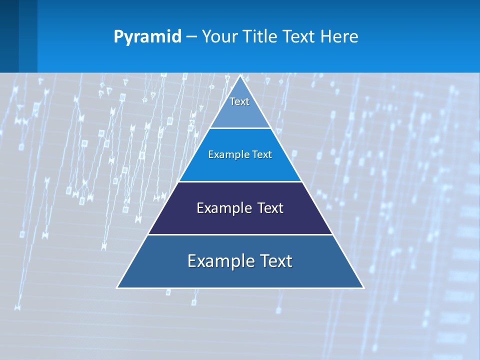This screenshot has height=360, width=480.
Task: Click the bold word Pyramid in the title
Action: [147, 37]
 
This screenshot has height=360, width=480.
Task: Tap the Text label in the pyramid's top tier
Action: [239, 101]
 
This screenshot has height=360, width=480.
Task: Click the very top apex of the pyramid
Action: [240, 76]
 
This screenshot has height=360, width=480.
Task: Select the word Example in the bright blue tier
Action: [226, 154]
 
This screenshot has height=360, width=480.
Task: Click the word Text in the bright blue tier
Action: [262, 154]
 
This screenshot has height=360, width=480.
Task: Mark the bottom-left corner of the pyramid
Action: [117, 287]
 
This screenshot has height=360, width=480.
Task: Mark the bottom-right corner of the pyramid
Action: [363, 287]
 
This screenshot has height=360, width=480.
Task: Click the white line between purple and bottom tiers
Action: [240, 234]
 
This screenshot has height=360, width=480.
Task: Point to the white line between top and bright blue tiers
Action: [240, 128]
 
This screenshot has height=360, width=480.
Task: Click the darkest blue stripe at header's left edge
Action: [9, 36]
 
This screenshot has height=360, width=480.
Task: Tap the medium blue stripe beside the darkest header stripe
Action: [28, 36]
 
